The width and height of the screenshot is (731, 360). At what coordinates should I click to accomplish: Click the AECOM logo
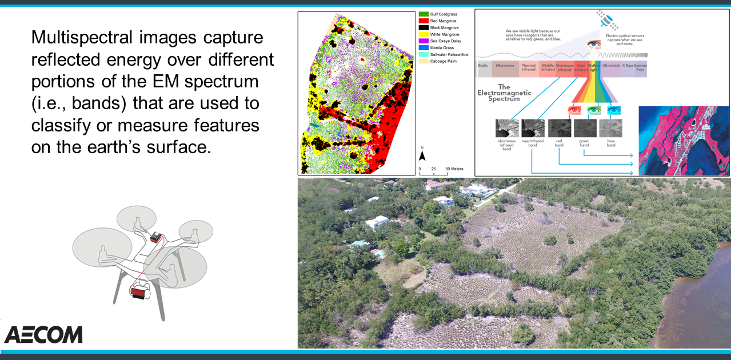click(43, 335)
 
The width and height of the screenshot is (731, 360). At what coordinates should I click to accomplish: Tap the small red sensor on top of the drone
click(155, 237)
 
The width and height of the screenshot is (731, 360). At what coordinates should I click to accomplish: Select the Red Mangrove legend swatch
click(424, 21)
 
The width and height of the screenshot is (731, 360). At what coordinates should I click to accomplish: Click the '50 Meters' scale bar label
click(454, 170)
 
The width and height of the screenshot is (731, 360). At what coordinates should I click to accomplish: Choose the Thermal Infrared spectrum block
click(529, 67)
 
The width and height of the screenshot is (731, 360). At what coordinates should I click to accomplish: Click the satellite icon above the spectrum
click(606, 19)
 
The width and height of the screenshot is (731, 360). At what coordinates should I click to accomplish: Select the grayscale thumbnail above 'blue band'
click(610, 128)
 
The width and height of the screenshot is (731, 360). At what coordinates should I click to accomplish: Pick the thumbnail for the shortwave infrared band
click(507, 128)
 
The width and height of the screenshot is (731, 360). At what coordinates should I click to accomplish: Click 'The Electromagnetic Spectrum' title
click(504, 92)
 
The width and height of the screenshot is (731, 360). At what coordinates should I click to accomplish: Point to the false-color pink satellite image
click(684, 141)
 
